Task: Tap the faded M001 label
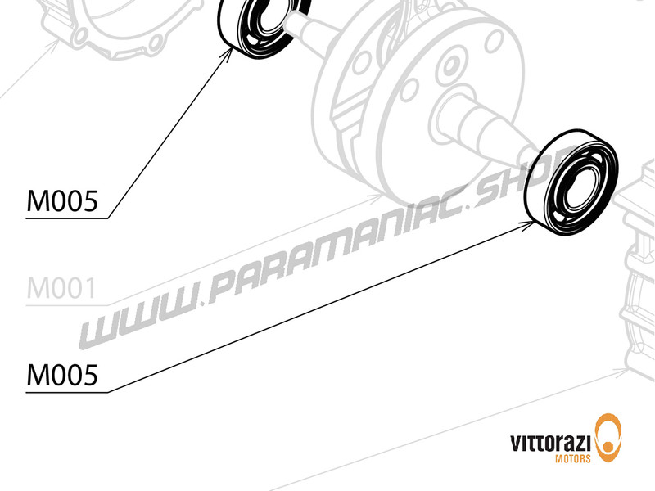coord(62,289)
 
